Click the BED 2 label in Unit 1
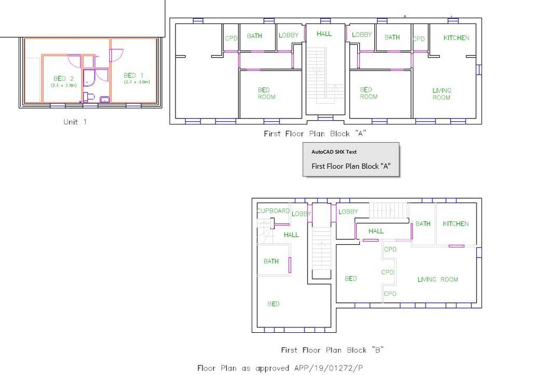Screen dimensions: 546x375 pyautogui.click(x=63, y=79)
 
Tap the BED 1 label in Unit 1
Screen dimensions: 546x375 pyautogui.click(x=133, y=75)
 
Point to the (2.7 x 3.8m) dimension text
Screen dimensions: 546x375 pyautogui.click(x=137, y=82)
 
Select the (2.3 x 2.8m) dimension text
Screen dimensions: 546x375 pyautogui.click(x=64, y=85)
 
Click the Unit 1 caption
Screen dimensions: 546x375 pyautogui.click(x=75, y=122)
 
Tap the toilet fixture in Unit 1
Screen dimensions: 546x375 pyautogui.click(x=89, y=97)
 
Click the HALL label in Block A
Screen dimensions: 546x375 pyautogui.click(x=324, y=34)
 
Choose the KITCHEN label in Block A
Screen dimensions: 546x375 pyautogui.click(x=456, y=38)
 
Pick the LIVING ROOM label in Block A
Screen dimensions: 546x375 pyautogui.click(x=441, y=94)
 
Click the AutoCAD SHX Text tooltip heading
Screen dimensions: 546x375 pyautogui.click(x=334, y=152)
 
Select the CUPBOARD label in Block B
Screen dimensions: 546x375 pyautogui.click(x=274, y=210)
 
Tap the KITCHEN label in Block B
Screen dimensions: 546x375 pyautogui.click(x=456, y=224)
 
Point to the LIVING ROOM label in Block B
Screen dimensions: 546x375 pyautogui.click(x=438, y=279)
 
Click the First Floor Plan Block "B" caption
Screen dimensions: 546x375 pyautogui.click(x=332, y=350)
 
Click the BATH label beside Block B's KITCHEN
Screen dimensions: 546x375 pyautogui.click(x=423, y=224)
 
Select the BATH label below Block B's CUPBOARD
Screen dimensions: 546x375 pyautogui.click(x=271, y=261)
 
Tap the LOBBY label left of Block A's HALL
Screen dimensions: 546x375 pyautogui.click(x=288, y=35)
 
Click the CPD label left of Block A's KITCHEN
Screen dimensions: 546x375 pyautogui.click(x=419, y=38)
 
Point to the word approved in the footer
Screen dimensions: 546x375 pyautogui.click(x=272, y=369)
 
